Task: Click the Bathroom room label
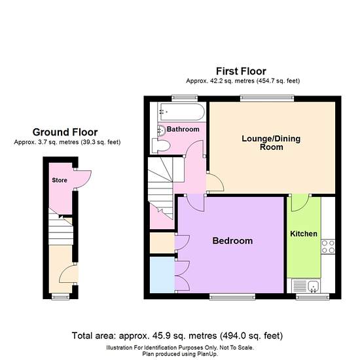(x=183, y=129)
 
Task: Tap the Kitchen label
(x=304, y=234)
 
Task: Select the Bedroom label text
(x=232, y=241)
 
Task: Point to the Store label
(x=60, y=180)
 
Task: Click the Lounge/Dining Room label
(x=271, y=143)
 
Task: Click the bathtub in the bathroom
(x=181, y=112)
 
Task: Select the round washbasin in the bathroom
(x=162, y=131)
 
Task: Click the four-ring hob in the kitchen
(x=328, y=247)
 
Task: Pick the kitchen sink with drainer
(x=306, y=286)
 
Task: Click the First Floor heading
(x=241, y=71)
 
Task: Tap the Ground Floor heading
(x=65, y=132)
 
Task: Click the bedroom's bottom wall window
(x=232, y=297)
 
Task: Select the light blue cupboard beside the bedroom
(x=162, y=275)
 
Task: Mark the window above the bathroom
(x=185, y=98)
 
